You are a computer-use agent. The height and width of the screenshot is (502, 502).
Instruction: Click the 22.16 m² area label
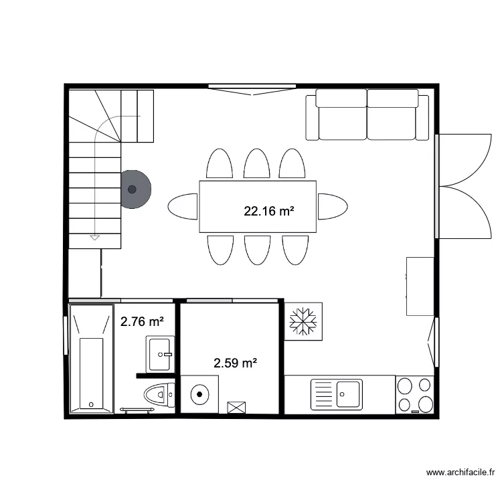270,212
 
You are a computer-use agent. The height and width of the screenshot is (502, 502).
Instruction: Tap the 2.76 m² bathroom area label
142,322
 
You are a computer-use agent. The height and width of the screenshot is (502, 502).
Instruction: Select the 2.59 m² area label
236,363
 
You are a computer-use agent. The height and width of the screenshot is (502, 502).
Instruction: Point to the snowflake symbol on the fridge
303,321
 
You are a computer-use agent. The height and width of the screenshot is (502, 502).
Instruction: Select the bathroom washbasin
159,353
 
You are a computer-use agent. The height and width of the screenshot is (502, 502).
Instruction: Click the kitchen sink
336,394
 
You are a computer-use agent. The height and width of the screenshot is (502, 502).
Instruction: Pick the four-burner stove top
415,394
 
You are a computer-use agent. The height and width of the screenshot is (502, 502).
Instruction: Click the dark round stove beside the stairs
134,189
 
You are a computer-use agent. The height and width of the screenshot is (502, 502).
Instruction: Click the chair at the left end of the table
183,206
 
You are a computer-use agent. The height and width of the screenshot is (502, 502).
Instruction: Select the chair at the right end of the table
332,206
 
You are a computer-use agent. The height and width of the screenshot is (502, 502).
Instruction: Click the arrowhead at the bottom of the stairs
94,237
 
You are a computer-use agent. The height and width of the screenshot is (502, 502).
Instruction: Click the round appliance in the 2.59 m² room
200,394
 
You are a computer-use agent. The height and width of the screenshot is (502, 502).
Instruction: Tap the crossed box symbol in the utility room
236,407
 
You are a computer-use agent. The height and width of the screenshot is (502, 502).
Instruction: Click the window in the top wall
252,87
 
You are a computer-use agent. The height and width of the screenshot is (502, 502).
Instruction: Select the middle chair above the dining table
256,163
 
